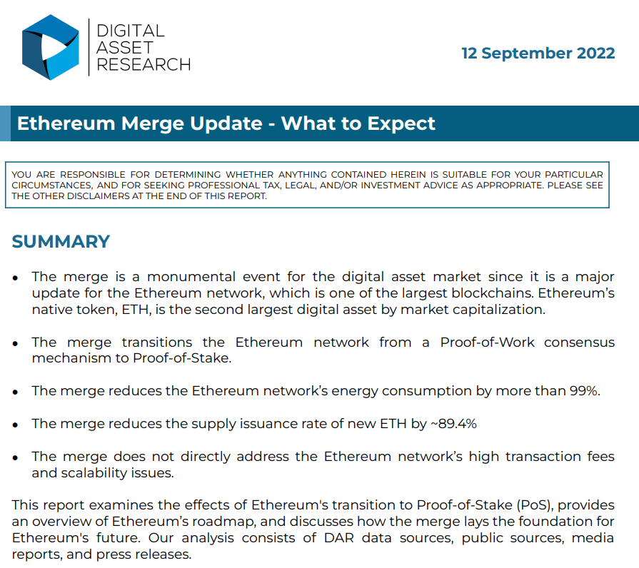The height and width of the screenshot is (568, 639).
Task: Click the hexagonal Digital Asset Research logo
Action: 51,47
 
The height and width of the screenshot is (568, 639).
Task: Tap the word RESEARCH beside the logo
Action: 144,64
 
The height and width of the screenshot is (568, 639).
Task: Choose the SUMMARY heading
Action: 61,241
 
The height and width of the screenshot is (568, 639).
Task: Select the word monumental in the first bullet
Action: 191,277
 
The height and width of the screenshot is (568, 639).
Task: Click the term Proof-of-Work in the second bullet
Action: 487,342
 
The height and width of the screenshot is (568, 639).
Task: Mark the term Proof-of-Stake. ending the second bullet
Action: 182,358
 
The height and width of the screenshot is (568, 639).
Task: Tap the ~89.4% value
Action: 453,424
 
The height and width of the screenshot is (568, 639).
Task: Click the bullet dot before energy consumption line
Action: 16,392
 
